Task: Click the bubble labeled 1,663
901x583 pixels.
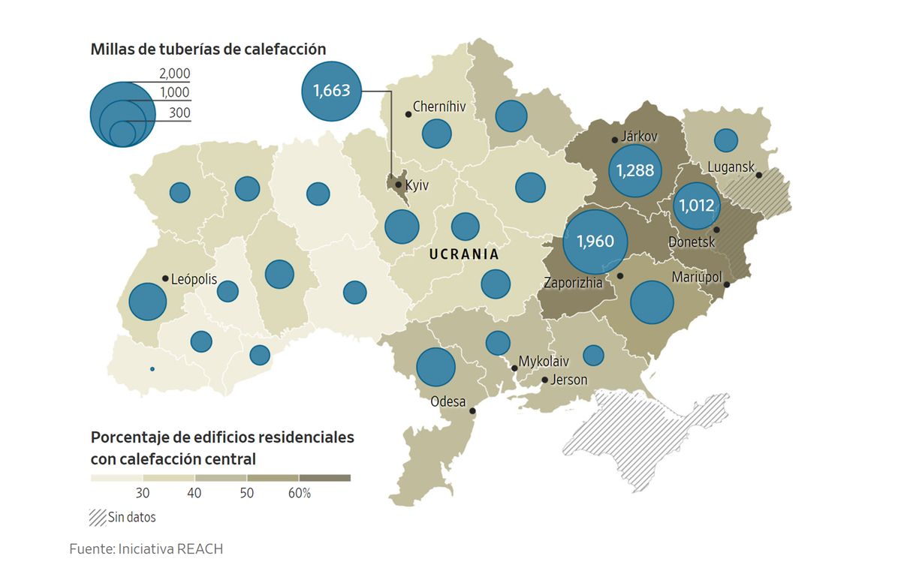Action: (x=331, y=91)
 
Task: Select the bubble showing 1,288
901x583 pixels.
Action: (x=635, y=170)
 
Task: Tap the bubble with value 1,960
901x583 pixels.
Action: (x=595, y=242)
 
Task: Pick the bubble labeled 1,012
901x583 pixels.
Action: (x=696, y=205)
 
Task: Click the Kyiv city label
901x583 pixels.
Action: (x=416, y=185)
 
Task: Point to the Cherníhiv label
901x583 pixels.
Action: (x=439, y=107)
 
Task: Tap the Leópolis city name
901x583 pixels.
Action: (x=194, y=279)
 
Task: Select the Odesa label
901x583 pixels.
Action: (x=448, y=402)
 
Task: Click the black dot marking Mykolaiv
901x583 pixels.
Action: (x=514, y=368)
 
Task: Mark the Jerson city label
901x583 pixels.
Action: (x=568, y=380)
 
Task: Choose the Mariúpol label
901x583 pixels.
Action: (x=696, y=277)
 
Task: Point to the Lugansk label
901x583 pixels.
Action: (x=731, y=167)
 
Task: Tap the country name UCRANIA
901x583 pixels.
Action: (x=464, y=254)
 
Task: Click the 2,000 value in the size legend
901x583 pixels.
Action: (x=174, y=74)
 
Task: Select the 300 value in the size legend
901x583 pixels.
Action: (x=179, y=113)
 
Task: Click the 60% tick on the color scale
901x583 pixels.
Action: (x=300, y=493)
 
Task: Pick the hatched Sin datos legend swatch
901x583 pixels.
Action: (x=96, y=516)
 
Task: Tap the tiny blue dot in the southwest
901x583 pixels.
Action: (x=152, y=369)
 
